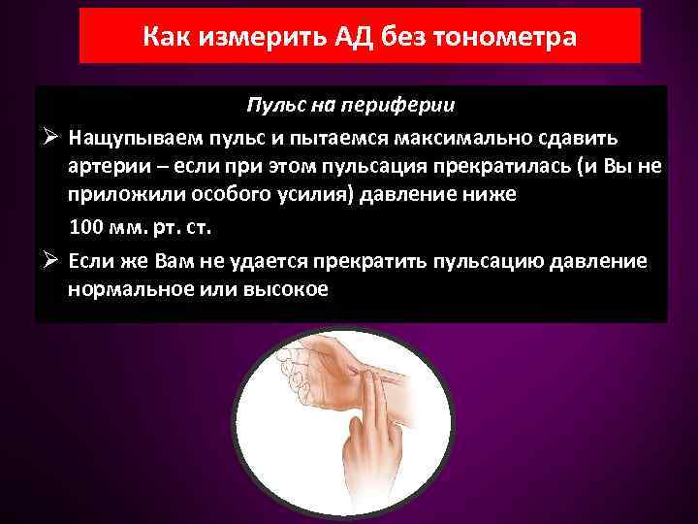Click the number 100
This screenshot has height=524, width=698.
coord(86,228)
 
